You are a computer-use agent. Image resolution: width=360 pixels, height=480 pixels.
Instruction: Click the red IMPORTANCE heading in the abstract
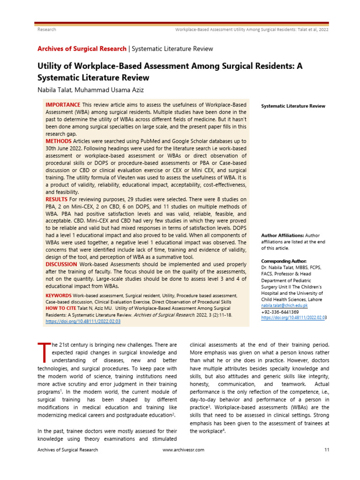coord(63,104)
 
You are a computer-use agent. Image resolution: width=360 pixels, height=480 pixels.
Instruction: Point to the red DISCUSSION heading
coord(61,264)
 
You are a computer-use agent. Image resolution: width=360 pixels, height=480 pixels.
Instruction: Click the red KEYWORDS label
coord(59,296)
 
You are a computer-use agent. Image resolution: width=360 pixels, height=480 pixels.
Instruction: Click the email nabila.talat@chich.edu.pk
coord(284,305)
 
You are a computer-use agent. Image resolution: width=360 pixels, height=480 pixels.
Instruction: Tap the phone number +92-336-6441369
coord(280,312)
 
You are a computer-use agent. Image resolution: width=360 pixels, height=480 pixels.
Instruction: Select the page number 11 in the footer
coord(327,450)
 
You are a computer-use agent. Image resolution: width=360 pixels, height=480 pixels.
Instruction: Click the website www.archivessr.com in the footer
coord(183,450)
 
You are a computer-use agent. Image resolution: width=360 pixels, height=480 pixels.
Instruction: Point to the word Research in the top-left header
coord(46,30)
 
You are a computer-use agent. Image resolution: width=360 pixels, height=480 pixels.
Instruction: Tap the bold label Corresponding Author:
coord(284,261)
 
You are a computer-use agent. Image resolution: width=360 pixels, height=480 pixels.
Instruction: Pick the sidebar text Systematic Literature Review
coord(293,106)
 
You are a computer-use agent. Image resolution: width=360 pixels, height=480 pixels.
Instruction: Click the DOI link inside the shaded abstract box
coord(83,322)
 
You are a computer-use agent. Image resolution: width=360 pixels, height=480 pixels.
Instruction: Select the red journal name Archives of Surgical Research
coord(82,49)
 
